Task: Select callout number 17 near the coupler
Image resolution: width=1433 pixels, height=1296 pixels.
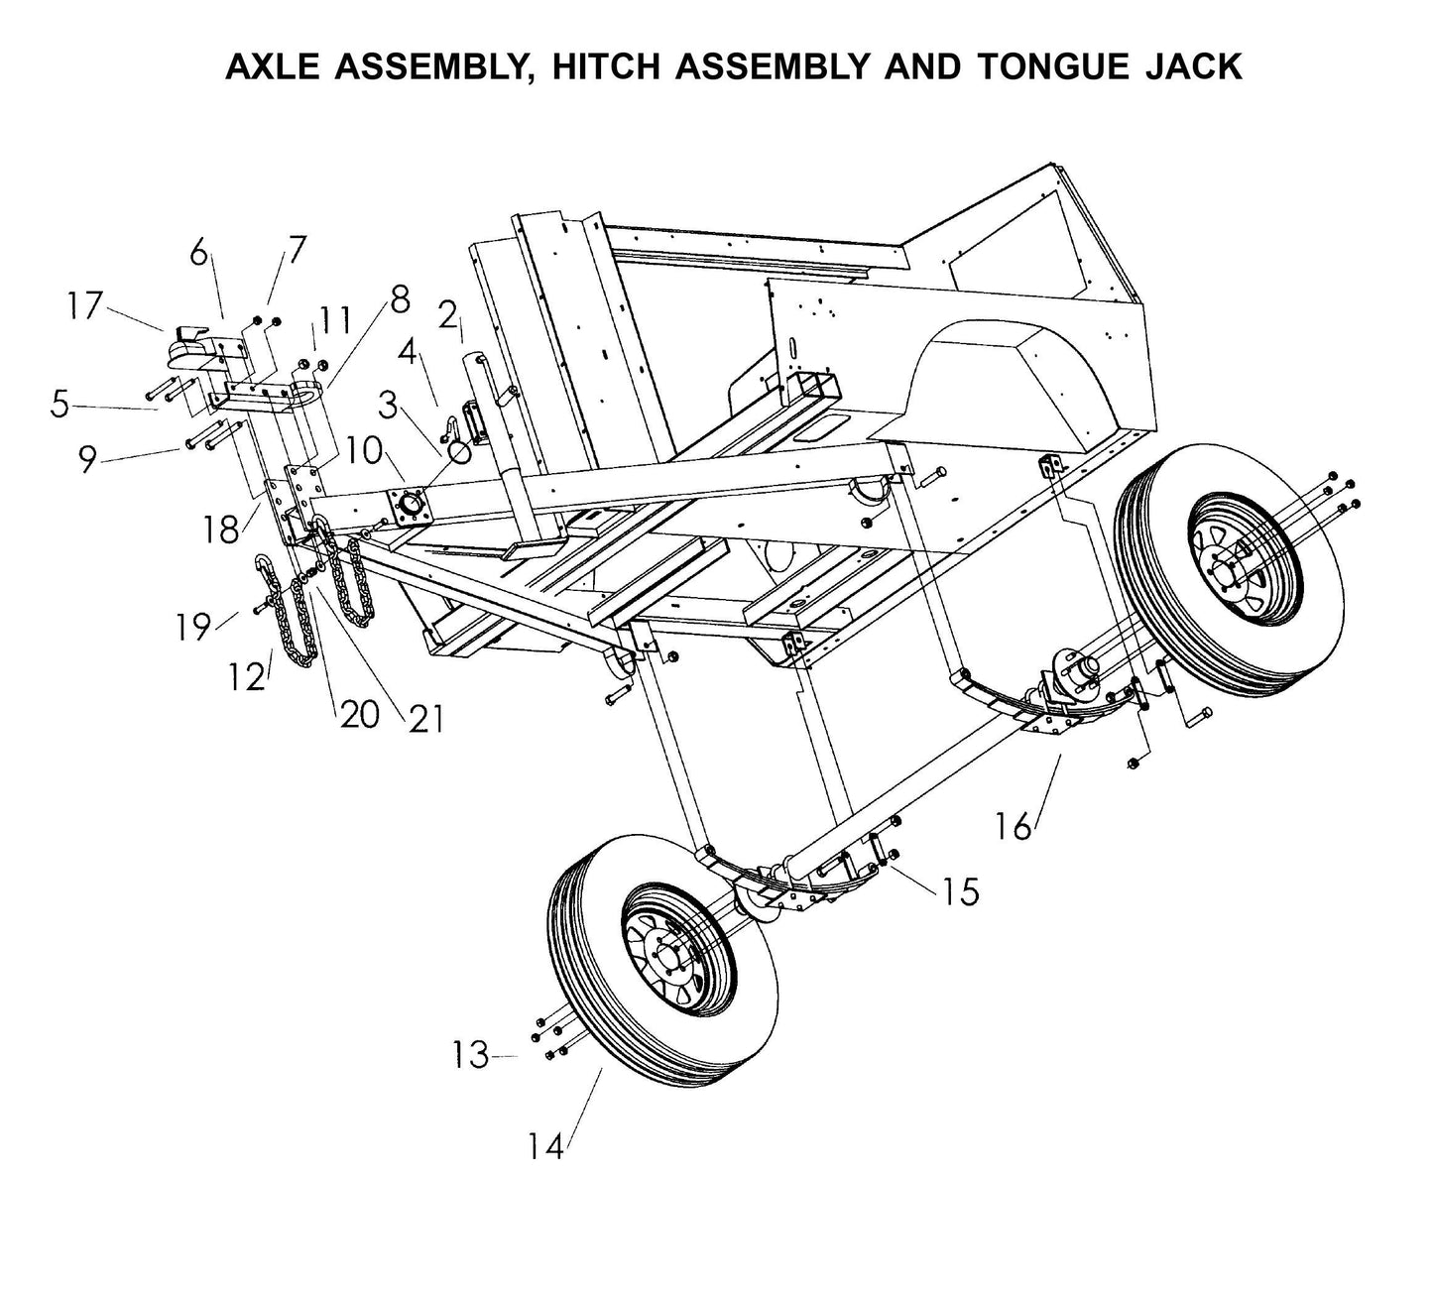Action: pyautogui.click(x=85, y=305)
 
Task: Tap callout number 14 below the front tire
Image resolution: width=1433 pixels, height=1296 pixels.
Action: pyautogui.click(x=545, y=1146)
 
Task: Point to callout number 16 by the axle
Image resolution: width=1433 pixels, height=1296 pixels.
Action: pyautogui.click(x=1014, y=825)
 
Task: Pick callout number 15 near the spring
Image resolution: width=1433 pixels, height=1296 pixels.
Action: pyautogui.click(x=959, y=891)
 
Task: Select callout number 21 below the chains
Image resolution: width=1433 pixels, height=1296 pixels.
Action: pyautogui.click(x=425, y=718)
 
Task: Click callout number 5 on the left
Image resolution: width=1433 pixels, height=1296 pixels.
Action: pyautogui.click(x=60, y=406)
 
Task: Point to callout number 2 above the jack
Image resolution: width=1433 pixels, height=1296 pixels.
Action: pyautogui.click(x=447, y=316)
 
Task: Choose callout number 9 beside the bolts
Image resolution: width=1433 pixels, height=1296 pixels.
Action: pyautogui.click(x=87, y=459)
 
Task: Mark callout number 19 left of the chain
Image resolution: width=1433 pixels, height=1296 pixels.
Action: pyautogui.click(x=193, y=626)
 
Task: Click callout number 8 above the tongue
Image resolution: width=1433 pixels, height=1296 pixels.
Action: pyautogui.click(x=400, y=299)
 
